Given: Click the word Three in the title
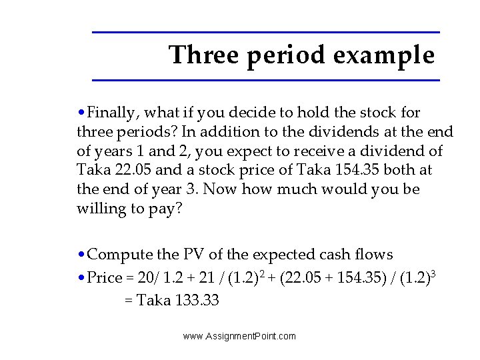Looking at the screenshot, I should click(x=204, y=55).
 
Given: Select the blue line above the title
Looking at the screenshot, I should click(x=265, y=32).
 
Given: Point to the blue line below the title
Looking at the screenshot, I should click(x=265, y=81).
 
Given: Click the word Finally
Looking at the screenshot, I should click(x=114, y=113).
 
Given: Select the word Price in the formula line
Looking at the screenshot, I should click(x=105, y=278).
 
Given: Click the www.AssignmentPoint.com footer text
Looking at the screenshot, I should click(x=239, y=336).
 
